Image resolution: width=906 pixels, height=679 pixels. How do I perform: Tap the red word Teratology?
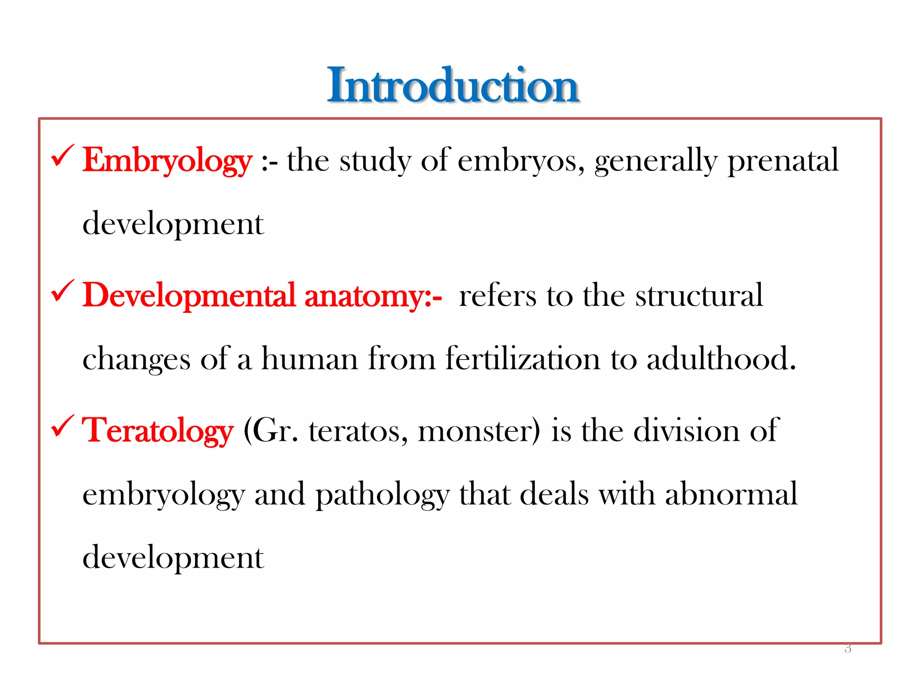coord(157,431)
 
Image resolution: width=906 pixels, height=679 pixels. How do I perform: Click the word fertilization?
coord(522,359)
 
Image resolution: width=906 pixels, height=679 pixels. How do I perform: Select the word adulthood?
coord(721,359)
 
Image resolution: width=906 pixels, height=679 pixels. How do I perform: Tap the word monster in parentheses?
coord(479,431)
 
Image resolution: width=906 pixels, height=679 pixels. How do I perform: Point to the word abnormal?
coord(731,494)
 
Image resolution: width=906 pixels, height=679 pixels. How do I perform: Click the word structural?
coord(699,296)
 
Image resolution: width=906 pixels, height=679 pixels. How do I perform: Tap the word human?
coord(310,359)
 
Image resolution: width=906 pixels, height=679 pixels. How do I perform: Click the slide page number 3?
coord(848,648)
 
